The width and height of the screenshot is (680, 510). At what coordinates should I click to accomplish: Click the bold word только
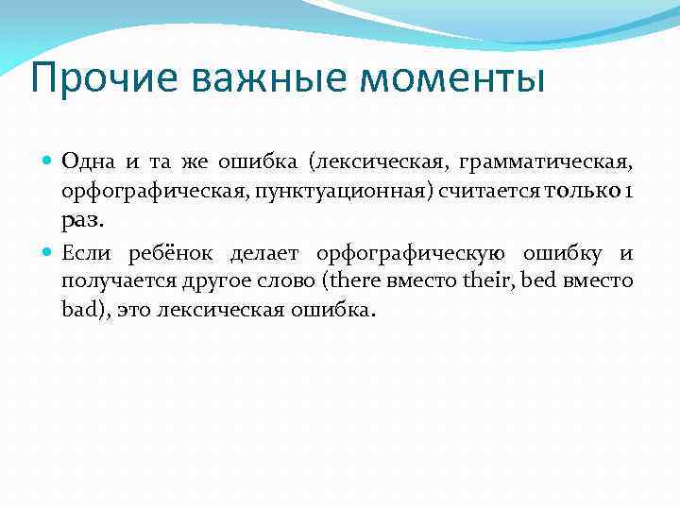[582, 191]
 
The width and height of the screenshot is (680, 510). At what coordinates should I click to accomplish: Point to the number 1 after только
[629, 191]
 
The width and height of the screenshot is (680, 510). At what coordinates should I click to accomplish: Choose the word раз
[81, 220]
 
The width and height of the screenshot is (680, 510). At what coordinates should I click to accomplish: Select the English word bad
[78, 310]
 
